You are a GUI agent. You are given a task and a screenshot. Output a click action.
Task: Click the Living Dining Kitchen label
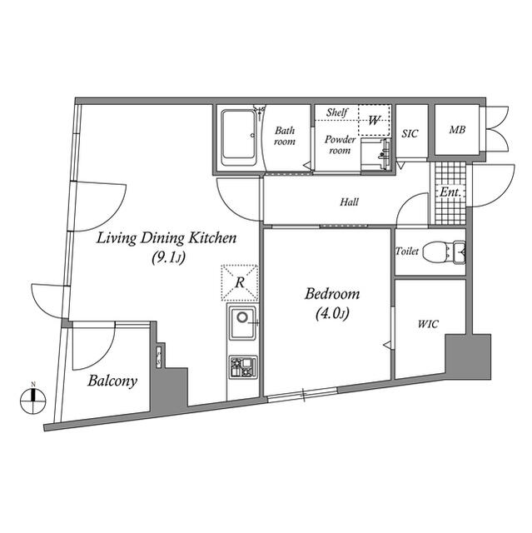click(x=167, y=238)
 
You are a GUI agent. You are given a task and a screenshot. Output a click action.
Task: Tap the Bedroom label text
click(x=332, y=294)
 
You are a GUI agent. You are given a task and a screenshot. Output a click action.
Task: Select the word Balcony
click(x=112, y=381)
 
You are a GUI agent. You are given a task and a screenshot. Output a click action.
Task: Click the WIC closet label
click(x=428, y=324)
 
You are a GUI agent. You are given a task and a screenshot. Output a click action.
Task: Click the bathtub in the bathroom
click(x=239, y=137)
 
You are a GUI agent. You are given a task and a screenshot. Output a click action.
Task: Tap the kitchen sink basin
click(x=242, y=322)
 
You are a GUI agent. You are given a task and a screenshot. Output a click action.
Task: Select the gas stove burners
click(x=243, y=367)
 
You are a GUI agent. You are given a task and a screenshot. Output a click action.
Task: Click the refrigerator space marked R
click(x=240, y=283)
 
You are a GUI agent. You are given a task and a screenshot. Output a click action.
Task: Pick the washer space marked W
click(x=374, y=120)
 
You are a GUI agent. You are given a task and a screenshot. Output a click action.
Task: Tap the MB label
click(x=456, y=130)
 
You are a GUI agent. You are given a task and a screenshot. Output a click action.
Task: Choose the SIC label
click(x=410, y=133)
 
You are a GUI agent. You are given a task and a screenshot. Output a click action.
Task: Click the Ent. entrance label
click(x=450, y=192)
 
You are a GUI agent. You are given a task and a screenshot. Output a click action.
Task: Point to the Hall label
click(x=349, y=202)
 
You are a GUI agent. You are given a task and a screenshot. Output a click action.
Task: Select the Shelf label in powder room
click(x=336, y=112)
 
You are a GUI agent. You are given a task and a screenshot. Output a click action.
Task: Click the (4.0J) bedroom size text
click(x=332, y=313)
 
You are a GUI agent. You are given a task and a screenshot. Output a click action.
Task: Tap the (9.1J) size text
click(x=168, y=258)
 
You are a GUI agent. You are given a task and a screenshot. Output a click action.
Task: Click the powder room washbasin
click(x=376, y=154)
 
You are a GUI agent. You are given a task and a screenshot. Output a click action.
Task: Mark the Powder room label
click(x=340, y=145)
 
